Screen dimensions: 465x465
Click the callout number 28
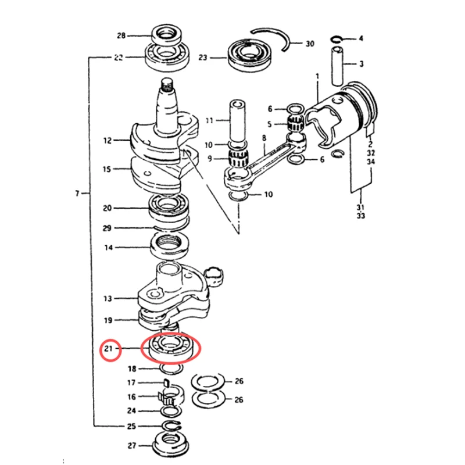pyautogui.click(x=121, y=35)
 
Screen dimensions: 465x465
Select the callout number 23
pyautogui.click(x=202, y=58)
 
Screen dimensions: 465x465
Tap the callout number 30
pyautogui.click(x=310, y=44)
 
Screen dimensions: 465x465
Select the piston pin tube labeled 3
pyautogui.click(x=339, y=63)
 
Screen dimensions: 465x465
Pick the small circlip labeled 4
pyautogui.click(x=337, y=39)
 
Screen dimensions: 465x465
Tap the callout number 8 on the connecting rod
pyautogui.click(x=264, y=138)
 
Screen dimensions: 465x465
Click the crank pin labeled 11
pyautogui.click(x=237, y=120)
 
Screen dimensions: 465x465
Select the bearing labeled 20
pyautogui.click(x=170, y=208)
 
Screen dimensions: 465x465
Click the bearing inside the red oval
pyautogui.click(x=171, y=348)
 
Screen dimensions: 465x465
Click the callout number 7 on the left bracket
pyautogui.click(x=77, y=192)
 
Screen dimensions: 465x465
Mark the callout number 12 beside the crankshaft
pyautogui.click(x=107, y=140)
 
